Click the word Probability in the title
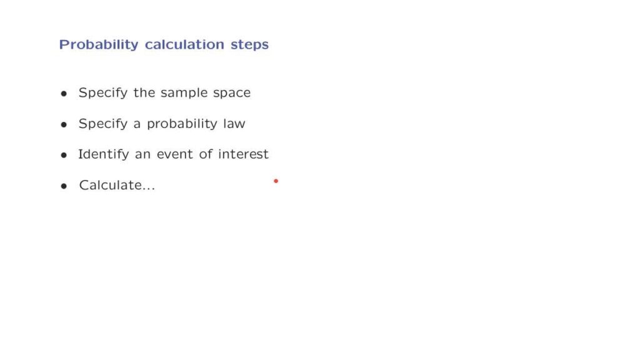point(99,45)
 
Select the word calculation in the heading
point(184,44)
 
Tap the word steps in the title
point(250,45)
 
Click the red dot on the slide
point(276,181)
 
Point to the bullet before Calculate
point(64,186)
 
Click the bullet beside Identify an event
point(64,155)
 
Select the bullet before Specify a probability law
point(64,124)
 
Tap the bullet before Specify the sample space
point(64,94)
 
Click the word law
point(234,123)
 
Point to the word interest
point(243,154)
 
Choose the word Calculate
point(110,185)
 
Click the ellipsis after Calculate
point(149,189)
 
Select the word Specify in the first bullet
point(103,94)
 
